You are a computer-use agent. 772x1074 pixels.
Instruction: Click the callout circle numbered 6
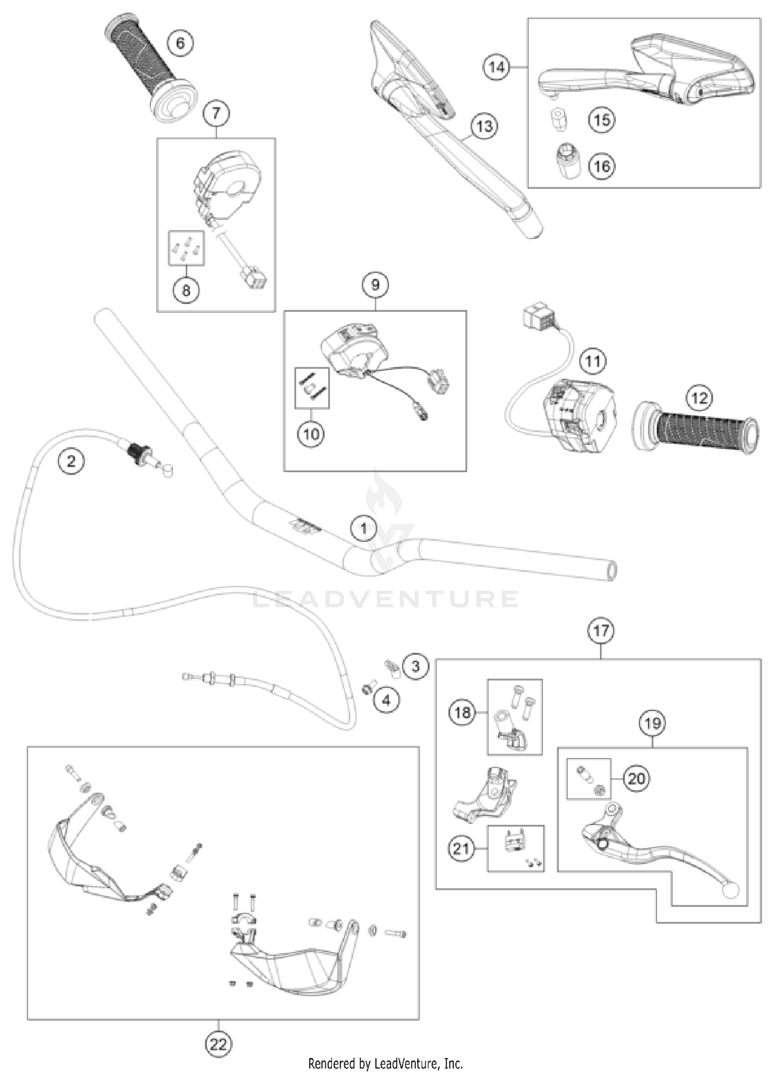(180, 42)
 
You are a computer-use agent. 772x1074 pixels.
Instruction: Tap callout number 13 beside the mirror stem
(484, 126)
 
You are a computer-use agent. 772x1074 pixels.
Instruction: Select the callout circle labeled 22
(218, 1044)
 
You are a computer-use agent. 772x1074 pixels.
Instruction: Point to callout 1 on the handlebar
(363, 528)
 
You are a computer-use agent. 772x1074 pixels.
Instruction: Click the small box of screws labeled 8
(186, 248)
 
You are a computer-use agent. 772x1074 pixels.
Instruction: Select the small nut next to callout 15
(557, 119)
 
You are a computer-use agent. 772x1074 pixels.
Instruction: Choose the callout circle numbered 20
(636, 778)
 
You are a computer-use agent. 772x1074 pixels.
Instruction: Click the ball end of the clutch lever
(729, 891)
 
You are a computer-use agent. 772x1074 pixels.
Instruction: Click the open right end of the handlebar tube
(611, 571)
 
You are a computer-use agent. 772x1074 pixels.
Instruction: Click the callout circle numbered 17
(601, 630)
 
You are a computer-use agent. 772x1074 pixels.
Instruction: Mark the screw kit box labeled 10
(312, 388)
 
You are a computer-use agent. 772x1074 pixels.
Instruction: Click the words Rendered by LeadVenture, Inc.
(385, 1063)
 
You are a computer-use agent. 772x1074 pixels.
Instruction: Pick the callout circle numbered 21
(461, 848)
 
